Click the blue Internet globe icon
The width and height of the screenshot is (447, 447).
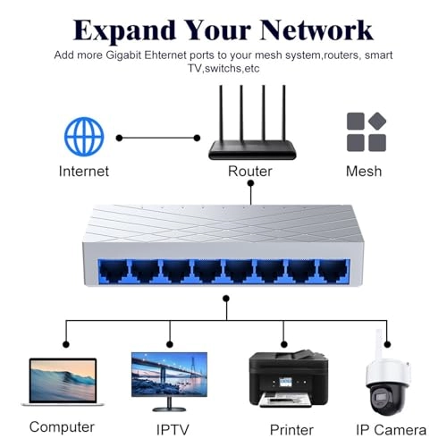[83, 137]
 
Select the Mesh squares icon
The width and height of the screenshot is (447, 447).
[366, 131]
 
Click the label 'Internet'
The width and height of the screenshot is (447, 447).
[83, 171]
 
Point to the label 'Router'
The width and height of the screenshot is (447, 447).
[250, 171]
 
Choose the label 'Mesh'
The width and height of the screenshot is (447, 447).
[364, 171]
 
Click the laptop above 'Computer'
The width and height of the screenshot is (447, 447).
[63, 382]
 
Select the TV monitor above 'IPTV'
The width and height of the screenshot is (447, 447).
[169, 379]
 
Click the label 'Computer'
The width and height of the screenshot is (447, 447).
[62, 427]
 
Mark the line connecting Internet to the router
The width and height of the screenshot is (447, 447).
[158, 138]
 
